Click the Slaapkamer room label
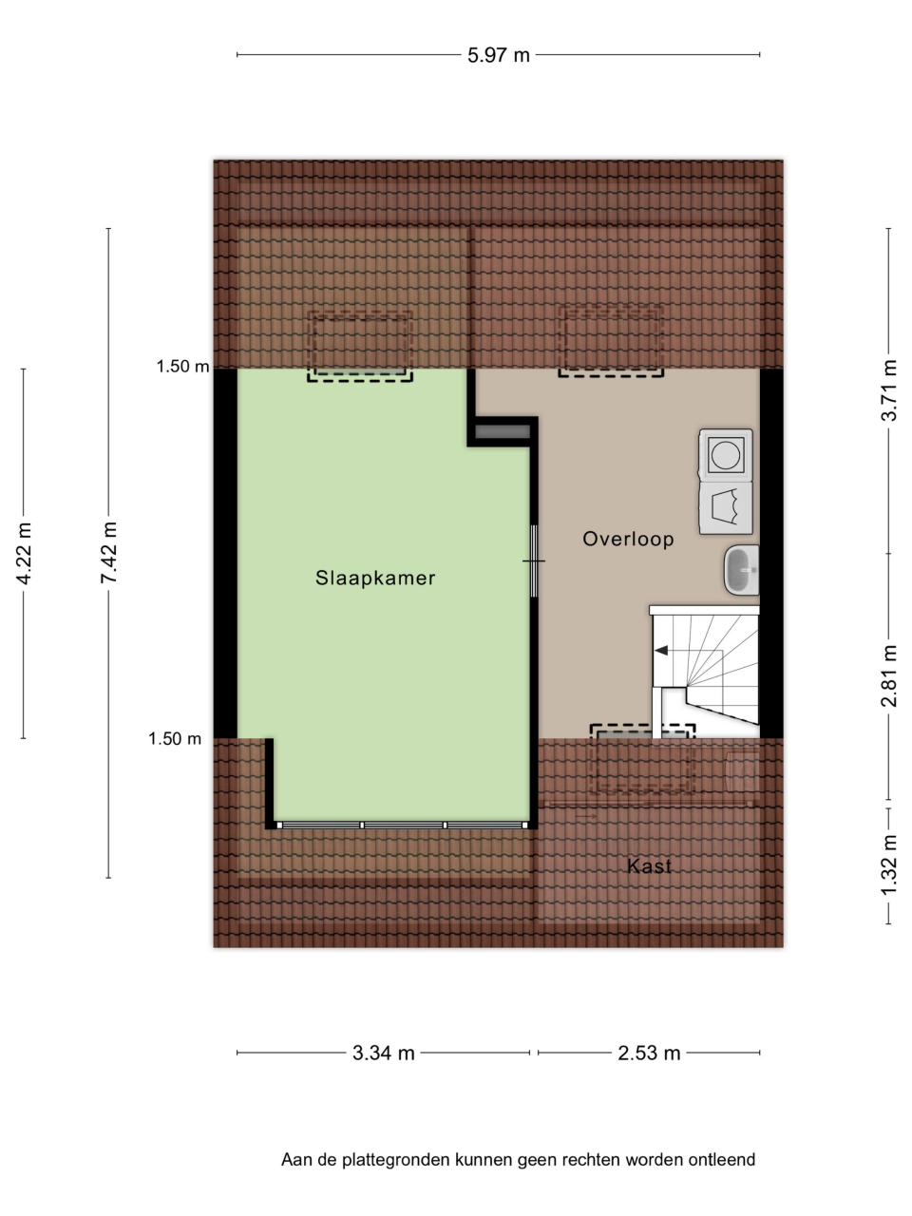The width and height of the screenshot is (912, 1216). click(x=375, y=578)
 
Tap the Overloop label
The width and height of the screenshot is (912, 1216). click(x=628, y=539)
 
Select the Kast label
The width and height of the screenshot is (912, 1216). click(x=649, y=865)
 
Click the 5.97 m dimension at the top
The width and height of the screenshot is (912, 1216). click(x=499, y=55)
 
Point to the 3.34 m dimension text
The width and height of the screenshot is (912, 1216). click(x=383, y=1053)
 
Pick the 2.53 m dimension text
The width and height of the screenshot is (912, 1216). click(x=649, y=1053)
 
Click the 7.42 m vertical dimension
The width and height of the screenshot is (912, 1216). click(x=108, y=552)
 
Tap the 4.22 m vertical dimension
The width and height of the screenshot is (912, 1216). click(x=24, y=553)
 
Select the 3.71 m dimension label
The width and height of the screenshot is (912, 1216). click(x=889, y=390)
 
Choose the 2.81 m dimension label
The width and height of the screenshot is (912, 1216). click(x=889, y=675)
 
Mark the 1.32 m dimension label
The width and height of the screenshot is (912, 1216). click(x=889, y=864)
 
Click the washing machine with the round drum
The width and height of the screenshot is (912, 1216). click(x=726, y=454)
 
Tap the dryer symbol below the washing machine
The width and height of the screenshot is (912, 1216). click(x=726, y=508)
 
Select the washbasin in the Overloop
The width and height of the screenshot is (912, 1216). click(x=741, y=570)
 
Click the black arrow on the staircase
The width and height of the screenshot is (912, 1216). click(x=661, y=651)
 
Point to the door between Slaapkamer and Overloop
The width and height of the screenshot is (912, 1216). click(x=534, y=560)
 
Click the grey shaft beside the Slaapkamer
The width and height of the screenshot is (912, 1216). click(x=503, y=431)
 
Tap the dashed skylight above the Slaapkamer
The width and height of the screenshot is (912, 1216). click(x=360, y=346)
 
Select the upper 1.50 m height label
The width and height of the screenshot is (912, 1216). click(x=182, y=366)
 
